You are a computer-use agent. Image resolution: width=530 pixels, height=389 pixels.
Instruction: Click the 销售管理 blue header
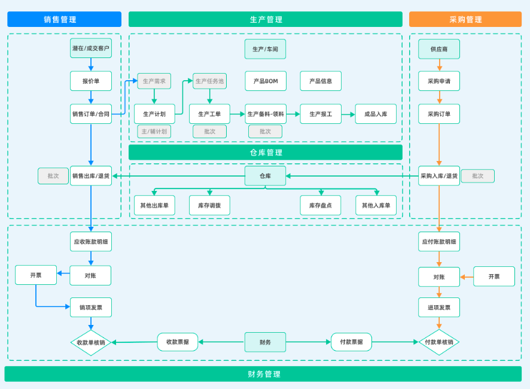(64, 19)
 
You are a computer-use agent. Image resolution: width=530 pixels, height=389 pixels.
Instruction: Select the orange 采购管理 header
(465, 19)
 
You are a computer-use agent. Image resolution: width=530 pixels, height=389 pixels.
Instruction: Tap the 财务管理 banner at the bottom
(264, 374)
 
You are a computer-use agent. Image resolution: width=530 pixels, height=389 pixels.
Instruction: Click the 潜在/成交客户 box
(91, 48)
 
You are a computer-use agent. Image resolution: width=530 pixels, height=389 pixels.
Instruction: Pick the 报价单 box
(91, 81)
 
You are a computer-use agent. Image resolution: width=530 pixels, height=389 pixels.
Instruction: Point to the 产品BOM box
(266, 81)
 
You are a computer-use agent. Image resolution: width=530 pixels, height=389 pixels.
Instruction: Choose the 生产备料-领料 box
(266, 114)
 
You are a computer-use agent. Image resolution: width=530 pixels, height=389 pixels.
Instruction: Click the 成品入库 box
(376, 114)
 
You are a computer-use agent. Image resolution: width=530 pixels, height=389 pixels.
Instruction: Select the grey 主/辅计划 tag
(154, 131)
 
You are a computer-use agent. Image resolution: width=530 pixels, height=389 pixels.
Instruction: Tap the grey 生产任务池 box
(209, 81)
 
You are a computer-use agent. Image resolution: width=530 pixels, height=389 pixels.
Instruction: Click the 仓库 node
(265, 176)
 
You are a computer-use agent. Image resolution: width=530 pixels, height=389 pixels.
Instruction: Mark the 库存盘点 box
(321, 205)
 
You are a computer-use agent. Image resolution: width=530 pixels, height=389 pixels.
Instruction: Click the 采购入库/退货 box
(439, 176)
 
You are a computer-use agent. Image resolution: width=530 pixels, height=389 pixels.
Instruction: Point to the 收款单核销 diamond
(91, 342)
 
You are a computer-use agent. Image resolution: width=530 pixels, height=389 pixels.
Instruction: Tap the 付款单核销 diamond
(439, 342)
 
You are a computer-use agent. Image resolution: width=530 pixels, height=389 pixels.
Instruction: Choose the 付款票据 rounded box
(351, 342)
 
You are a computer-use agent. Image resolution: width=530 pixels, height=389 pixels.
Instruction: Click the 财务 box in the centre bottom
(265, 342)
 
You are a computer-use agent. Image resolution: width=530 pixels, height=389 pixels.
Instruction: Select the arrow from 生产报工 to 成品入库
(348, 114)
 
